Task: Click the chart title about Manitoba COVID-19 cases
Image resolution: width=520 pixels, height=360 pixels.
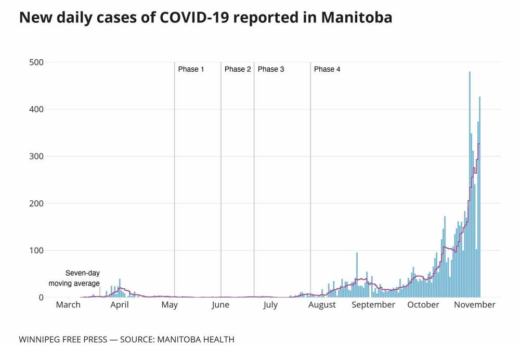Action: click(x=205, y=18)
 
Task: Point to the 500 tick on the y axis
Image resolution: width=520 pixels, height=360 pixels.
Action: click(x=36, y=62)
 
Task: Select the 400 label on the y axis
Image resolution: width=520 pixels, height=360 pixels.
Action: click(x=36, y=109)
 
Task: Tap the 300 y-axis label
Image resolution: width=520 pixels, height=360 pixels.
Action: click(x=36, y=157)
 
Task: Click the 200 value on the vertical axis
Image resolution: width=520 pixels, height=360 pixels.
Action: click(x=36, y=203)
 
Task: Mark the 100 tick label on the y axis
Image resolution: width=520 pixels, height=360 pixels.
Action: click(x=36, y=250)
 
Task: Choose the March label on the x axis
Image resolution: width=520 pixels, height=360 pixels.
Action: click(x=68, y=305)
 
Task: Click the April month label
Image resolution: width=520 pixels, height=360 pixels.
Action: click(x=120, y=305)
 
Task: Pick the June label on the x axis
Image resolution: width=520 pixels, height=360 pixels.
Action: click(x=220, y=305)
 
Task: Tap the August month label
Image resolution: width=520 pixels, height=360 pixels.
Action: click(x=322, y=305)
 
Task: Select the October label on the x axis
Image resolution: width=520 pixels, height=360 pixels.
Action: click(x=423, y=305)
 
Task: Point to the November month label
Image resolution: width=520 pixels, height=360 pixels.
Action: click(x=474, y=305)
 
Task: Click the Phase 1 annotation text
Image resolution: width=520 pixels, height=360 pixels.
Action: click(x=191, y=69)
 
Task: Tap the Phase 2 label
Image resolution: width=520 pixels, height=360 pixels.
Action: click(x=238, y=69)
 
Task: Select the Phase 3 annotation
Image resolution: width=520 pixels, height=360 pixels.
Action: click(x=271, y=69)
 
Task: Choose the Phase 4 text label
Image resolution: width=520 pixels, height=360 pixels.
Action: click(x=327, y=69)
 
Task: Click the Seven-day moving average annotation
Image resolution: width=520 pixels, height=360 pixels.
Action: click(x=74, y=278)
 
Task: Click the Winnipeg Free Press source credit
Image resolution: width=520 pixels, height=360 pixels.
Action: click(x=126, y=340)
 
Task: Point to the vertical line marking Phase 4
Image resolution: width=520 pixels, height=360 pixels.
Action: click(x=310, y=182)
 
